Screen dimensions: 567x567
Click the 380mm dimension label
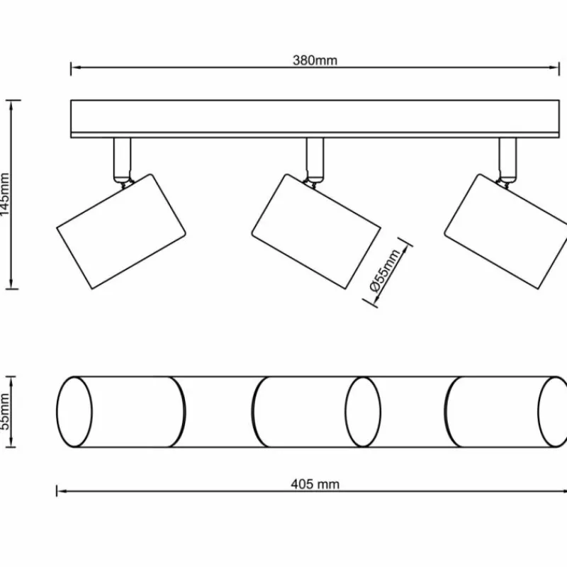pyautogui.click(x=315, y=60)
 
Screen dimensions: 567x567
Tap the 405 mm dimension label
pyautogui.click(x=315, y=485)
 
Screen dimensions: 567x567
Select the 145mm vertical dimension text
pyautogui.click(x=6, y=195)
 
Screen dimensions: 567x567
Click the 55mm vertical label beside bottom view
pyautogui.click(x=6, y=412)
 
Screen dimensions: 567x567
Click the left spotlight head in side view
pyautogui.click(x=120, y=231)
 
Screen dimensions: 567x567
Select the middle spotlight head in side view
pyautogui.click(x=316, y=231)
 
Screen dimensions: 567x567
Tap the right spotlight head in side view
pyautogui.click(x=507, y=231)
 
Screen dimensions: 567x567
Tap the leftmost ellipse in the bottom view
pyautogui.click(x=74, y=412)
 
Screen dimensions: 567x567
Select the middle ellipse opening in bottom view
pyautogui.click(x=363, y=412)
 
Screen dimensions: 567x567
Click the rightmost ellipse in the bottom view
pyautogui.click(x=554, y=412)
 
